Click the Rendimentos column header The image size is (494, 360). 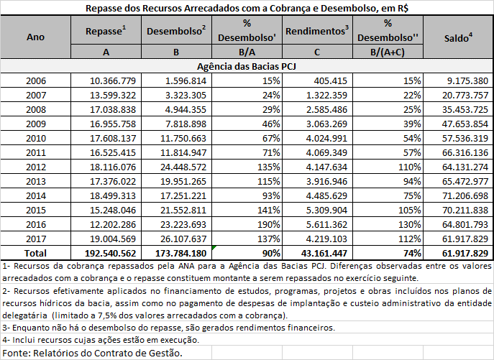316,32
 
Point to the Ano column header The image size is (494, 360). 36,37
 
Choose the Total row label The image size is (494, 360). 36,253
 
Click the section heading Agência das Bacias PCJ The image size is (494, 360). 247,65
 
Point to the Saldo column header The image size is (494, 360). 459,37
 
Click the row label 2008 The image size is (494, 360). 36,110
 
